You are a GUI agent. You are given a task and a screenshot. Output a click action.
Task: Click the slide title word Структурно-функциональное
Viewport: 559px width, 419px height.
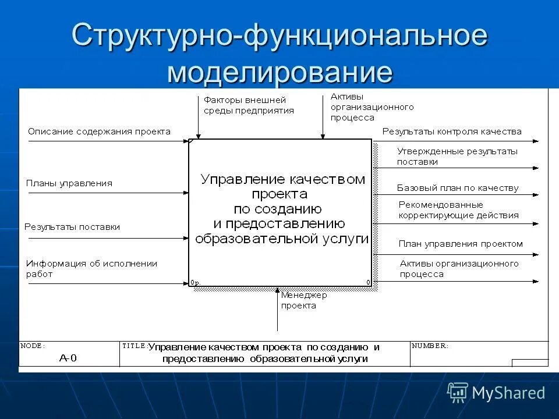point(279,36)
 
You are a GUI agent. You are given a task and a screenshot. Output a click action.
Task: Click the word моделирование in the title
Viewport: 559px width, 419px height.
point(279,73)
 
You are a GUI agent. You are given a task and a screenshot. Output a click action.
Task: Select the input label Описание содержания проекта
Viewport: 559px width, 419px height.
point(99,132)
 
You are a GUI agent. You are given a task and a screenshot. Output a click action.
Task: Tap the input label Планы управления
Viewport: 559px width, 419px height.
point(69,183)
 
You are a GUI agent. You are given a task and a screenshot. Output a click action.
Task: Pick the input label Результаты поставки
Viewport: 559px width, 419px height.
point(72,227)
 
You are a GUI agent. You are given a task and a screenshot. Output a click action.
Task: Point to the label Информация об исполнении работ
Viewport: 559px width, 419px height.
point(91,269)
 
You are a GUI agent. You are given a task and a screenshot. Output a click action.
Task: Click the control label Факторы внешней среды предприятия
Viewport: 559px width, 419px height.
point(249,105)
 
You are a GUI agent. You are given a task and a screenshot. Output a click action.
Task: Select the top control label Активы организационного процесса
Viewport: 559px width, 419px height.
point(372,107)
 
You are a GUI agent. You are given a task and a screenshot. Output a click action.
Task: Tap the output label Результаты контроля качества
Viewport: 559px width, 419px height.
point(452,132)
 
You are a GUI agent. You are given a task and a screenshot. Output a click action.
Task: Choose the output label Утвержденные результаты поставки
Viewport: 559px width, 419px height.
point(457,157)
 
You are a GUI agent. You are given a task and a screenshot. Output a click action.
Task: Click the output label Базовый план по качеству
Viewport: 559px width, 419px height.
point(458,188)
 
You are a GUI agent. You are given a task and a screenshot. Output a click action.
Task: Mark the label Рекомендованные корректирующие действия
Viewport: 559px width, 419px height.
point(458,210)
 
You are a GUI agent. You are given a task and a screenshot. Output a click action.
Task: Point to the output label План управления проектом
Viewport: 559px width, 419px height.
point(461,244)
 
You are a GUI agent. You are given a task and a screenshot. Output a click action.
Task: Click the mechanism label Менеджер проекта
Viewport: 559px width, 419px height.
point(304,300)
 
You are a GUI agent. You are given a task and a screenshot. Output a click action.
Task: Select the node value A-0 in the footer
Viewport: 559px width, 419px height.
point(68,358)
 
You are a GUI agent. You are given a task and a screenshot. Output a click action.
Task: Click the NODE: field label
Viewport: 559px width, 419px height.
point(33,346)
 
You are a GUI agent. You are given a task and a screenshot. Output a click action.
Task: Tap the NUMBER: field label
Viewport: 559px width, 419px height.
point(430,346)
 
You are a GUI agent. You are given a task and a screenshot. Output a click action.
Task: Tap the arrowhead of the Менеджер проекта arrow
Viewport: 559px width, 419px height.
point(278,289)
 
